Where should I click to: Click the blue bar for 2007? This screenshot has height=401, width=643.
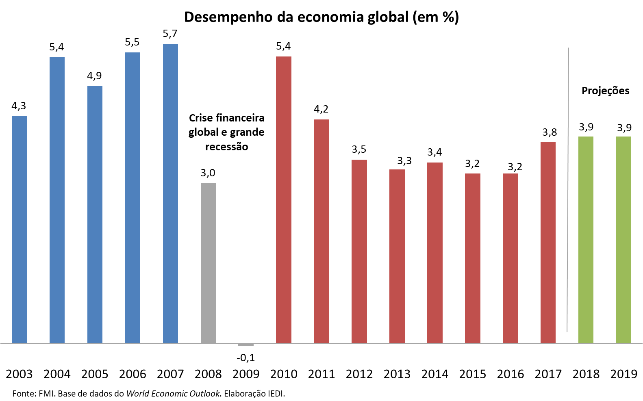pos(170,193)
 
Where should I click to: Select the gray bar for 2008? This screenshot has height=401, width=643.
pos(208,263)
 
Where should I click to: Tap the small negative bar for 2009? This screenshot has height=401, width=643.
pos(246,345)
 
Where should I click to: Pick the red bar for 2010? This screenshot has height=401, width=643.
pos(284,199)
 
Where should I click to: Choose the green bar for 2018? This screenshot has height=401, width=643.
pos(586,240)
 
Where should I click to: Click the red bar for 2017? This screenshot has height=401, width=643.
pos(548,242)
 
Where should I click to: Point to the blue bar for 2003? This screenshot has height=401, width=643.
pos(19,230)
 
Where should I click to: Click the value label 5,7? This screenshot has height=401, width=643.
pos(170,34)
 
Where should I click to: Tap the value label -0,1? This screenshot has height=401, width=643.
pos(245,358)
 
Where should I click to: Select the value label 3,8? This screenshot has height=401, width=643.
pos(550,132)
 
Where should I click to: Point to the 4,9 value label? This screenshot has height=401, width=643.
pos(94,76)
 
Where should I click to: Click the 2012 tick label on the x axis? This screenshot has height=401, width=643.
pos(359,374)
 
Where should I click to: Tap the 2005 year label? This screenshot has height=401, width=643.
pos(95,374)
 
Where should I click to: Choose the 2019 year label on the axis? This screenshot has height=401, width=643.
pos(624,374)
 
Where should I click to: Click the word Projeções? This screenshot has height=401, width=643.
pos(605,91)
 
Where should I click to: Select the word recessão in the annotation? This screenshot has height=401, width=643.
pos(226,147)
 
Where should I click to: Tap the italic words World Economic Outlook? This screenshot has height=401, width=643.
pos(173,393)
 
